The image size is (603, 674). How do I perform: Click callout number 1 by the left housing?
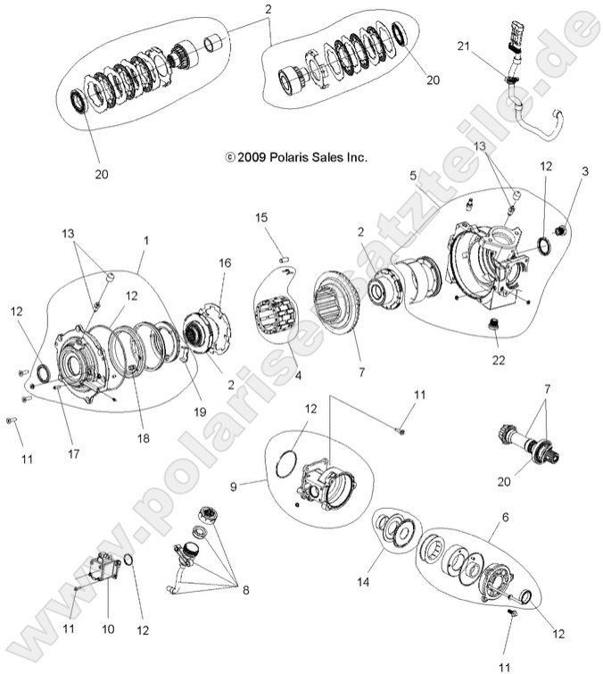146,240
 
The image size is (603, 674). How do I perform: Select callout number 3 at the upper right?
585,170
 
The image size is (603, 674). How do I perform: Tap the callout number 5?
413,176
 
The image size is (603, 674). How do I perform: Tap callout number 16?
224,263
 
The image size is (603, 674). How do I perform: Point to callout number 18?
144,438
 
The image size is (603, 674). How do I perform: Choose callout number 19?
201,412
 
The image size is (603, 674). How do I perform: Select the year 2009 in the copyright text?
253,156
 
